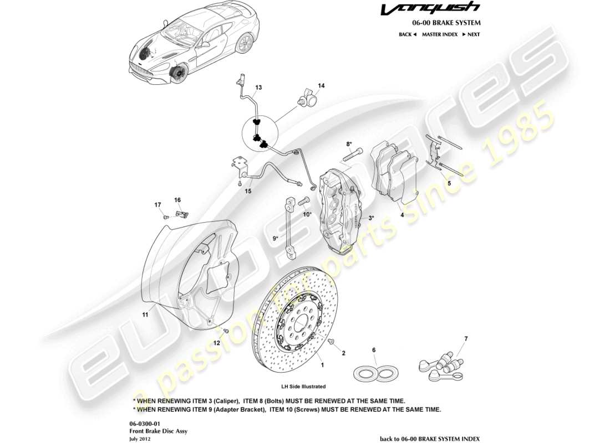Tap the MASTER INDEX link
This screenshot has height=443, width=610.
click(439, 34)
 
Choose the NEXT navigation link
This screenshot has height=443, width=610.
click(471, 34)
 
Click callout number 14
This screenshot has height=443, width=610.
click(321, 86)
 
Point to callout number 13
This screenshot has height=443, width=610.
click(258, 87)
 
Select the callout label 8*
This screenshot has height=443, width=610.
click(349, 144)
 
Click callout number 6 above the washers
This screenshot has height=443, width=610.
click(374, 350)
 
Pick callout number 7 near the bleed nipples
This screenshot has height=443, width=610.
click(466, 338)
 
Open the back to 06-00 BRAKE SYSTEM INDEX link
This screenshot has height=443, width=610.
click(430, 438)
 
